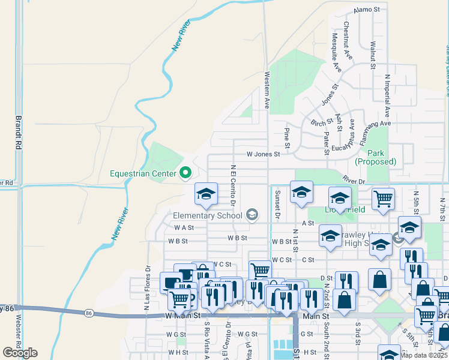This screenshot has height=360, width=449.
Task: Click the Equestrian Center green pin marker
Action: coord(185,173)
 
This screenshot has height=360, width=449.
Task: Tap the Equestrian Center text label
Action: coord(143,174)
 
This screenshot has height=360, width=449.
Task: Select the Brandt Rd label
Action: coord(19,132)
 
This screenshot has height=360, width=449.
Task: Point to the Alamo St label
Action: coord(367,10)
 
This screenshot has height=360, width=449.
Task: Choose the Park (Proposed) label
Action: coord(376,157)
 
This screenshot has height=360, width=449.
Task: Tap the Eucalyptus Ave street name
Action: coord(352,136)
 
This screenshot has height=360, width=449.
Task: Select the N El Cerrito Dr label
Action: coord(232,182)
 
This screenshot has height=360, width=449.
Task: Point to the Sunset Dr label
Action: coord(277,203)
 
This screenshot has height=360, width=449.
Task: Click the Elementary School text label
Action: coord(207,215)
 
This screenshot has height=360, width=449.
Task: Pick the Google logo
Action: coord(20,352)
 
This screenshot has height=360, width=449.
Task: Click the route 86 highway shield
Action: coord(89,313)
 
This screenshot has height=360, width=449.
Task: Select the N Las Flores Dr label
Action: coord(146,289)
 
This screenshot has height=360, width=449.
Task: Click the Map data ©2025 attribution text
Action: coord(424,355)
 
